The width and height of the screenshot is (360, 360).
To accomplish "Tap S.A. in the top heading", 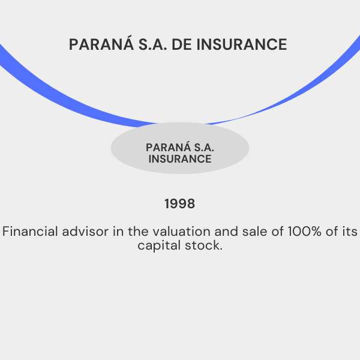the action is (152, 44).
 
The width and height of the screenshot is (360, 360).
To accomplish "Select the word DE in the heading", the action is (182, 44).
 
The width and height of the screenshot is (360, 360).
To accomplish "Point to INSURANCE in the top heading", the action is (242, 44).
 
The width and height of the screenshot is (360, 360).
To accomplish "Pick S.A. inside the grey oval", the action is (204, 148).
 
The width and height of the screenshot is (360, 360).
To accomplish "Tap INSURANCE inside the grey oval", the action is (180, 159).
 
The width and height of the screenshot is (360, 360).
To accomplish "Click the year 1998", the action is (180, 203).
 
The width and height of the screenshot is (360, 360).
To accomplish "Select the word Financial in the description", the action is (30, 231).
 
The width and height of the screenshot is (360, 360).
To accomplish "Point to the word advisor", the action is (85, 231).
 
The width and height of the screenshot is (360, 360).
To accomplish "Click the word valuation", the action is (182, 231).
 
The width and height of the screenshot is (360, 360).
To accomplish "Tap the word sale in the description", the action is (255, 231).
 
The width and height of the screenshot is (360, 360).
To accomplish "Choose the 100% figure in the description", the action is (305, 231).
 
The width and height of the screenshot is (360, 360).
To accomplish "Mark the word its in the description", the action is (350, 231).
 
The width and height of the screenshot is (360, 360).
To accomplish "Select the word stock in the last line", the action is (202, 245).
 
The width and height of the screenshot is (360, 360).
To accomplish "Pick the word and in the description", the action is (226, 231).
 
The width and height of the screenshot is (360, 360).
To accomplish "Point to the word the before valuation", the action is (138, 231).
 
